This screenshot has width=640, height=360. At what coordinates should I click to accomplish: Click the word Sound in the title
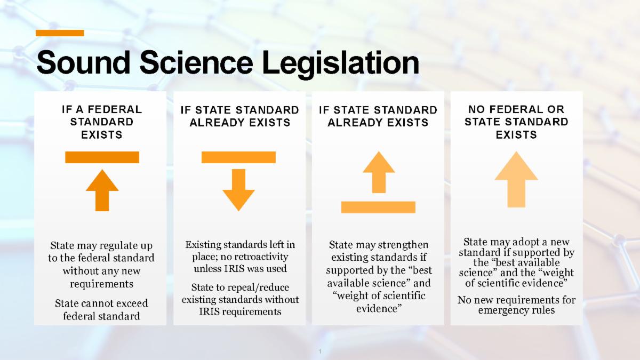83,62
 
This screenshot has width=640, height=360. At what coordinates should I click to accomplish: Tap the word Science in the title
196,62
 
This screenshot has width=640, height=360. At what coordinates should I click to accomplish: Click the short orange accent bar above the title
60,33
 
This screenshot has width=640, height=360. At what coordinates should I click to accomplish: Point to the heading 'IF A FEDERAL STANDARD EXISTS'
102,122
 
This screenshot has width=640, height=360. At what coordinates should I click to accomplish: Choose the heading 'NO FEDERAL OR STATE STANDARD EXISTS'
516,122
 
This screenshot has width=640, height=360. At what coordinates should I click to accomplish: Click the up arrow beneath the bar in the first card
102,190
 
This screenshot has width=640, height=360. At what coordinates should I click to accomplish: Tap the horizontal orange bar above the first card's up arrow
102,157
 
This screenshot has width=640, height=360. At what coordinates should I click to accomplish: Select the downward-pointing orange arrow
238,190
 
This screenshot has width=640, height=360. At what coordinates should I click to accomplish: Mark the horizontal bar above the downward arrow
238,157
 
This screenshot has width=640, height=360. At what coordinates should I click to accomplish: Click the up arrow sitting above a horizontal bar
379,172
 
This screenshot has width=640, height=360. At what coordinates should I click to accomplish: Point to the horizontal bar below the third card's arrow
378,207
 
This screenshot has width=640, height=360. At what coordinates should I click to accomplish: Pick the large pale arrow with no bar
516,179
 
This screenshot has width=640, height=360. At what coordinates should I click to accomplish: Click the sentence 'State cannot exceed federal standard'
101,309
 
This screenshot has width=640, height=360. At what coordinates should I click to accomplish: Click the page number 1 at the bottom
320,351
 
